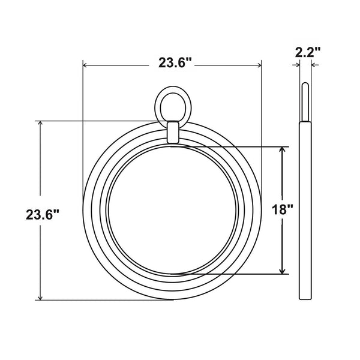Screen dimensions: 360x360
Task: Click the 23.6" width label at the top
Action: (175, 62)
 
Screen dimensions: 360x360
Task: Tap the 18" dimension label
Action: (282, 210)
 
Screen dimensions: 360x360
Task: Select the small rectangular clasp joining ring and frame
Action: (173, 131)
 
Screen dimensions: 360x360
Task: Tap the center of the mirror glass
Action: (173, 209)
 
